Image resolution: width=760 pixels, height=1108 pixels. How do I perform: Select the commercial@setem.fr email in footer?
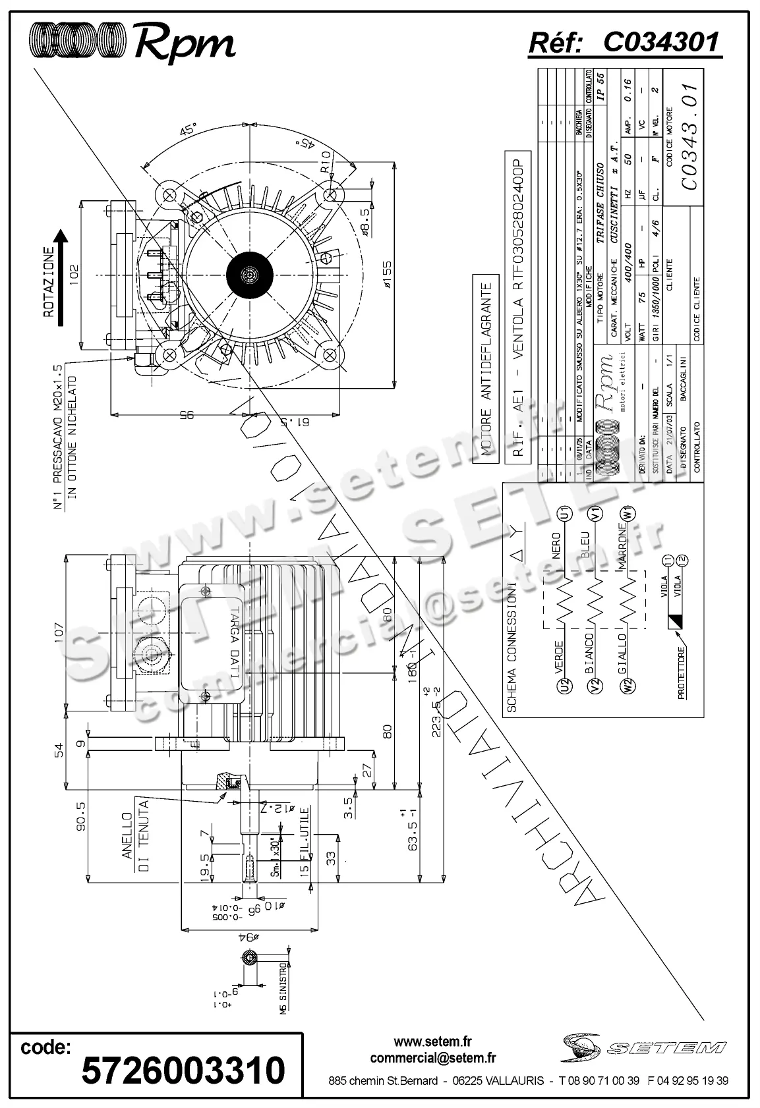432,1059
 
